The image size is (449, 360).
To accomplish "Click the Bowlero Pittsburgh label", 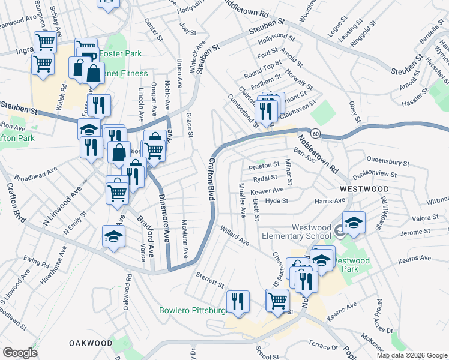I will coord(191,311).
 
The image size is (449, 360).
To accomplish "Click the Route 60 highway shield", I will coord(316,132).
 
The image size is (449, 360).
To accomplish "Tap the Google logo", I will coord(20,353).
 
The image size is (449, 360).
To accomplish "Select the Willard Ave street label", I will coord(234,236).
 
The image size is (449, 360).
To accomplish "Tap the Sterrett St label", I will coord(209,279).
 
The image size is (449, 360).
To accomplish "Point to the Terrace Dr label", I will coord(324,347).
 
